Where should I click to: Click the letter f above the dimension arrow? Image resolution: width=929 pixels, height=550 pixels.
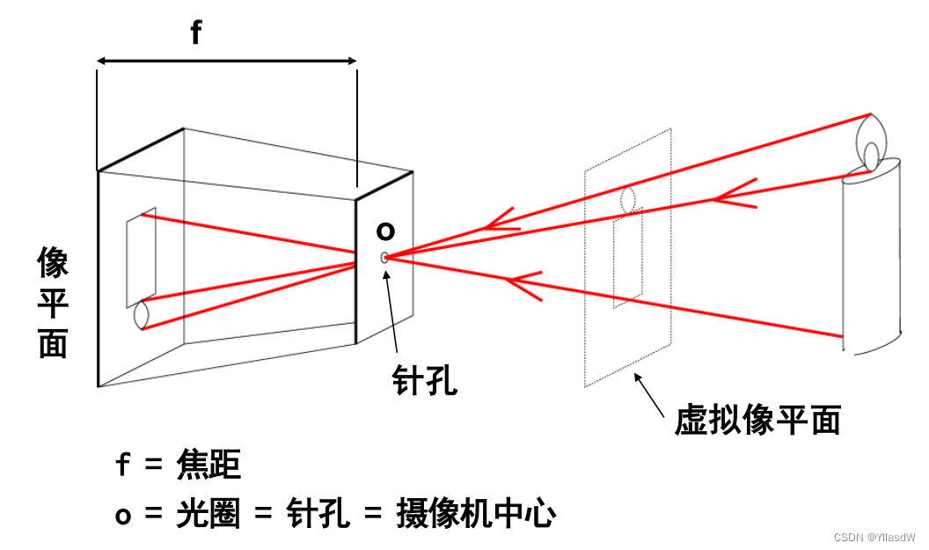pos(195,33)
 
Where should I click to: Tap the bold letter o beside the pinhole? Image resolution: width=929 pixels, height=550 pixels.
pos(385,231)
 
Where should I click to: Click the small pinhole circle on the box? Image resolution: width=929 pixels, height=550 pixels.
pos(384,257)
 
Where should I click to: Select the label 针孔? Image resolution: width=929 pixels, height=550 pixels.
pos(425,381)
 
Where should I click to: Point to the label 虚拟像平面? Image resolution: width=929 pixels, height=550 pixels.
pos(757,420)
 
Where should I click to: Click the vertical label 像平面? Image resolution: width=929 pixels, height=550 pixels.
pos(53,302)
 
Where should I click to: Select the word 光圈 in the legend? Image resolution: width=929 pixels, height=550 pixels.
pos(206,514)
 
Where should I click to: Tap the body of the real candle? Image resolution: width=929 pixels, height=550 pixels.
pos(872,255)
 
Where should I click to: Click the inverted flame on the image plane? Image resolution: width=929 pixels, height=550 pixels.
pos(141,315)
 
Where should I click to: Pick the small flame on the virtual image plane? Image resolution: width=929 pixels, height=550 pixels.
pos(628,199)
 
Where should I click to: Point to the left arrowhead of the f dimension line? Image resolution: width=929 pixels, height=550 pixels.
pos(101,61)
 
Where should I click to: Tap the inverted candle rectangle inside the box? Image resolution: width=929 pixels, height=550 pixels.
pos(141,257)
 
